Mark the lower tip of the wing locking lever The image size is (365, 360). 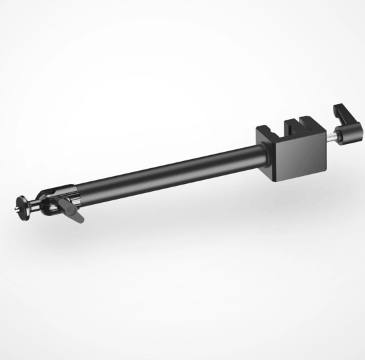(x=80, y=221)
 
